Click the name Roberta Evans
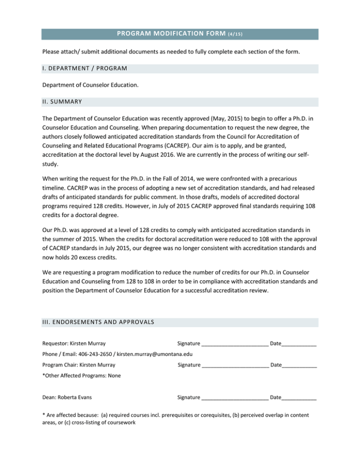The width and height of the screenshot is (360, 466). coord(74,397)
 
